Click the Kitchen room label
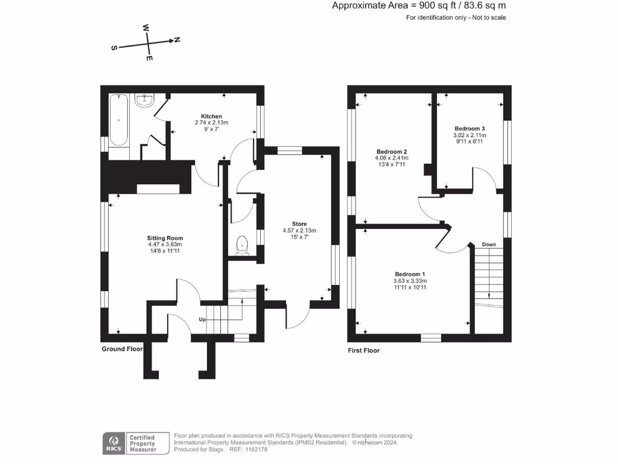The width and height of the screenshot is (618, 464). click(x=211, y=116)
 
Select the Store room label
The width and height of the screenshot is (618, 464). click(x=299, y=224)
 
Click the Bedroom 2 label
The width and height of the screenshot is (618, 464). click(x=392, y=152)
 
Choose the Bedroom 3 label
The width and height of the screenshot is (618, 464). click(x=470, y=129)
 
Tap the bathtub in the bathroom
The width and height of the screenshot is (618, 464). click(x=119, y=120)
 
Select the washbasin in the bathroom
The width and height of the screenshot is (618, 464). click(x=145, y=100)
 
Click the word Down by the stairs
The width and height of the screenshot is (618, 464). click(x=489, y=245)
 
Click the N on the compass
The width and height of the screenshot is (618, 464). click(x=177, y=40)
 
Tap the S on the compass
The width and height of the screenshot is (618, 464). click(x=113, y=48)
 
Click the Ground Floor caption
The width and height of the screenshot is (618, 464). click(x=122, y=349)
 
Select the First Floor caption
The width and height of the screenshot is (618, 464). click(x=364, y=350)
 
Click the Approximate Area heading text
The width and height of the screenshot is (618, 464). click(x=419, y=5)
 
